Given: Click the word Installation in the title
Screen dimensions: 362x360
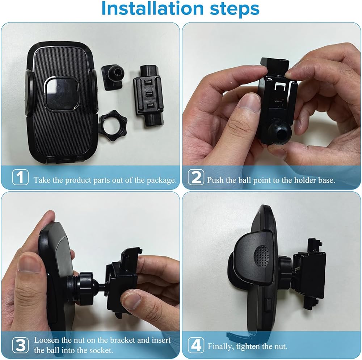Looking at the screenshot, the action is tap(152, 8).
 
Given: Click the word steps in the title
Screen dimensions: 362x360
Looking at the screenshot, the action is tap(235, 9).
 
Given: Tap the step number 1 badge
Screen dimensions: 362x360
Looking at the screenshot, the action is tap(20, 177).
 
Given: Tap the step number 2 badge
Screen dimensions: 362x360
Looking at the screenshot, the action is tap(196, 177).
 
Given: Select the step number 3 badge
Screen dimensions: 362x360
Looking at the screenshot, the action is tap(20, 345).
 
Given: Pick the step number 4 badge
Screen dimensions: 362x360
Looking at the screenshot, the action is tap(196, 345).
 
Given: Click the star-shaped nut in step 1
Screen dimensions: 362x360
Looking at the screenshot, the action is tap(110, 126).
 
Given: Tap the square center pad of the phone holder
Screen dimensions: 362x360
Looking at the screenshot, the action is tap(62, 94).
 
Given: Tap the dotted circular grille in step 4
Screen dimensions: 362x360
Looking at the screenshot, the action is tap(262, 255).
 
